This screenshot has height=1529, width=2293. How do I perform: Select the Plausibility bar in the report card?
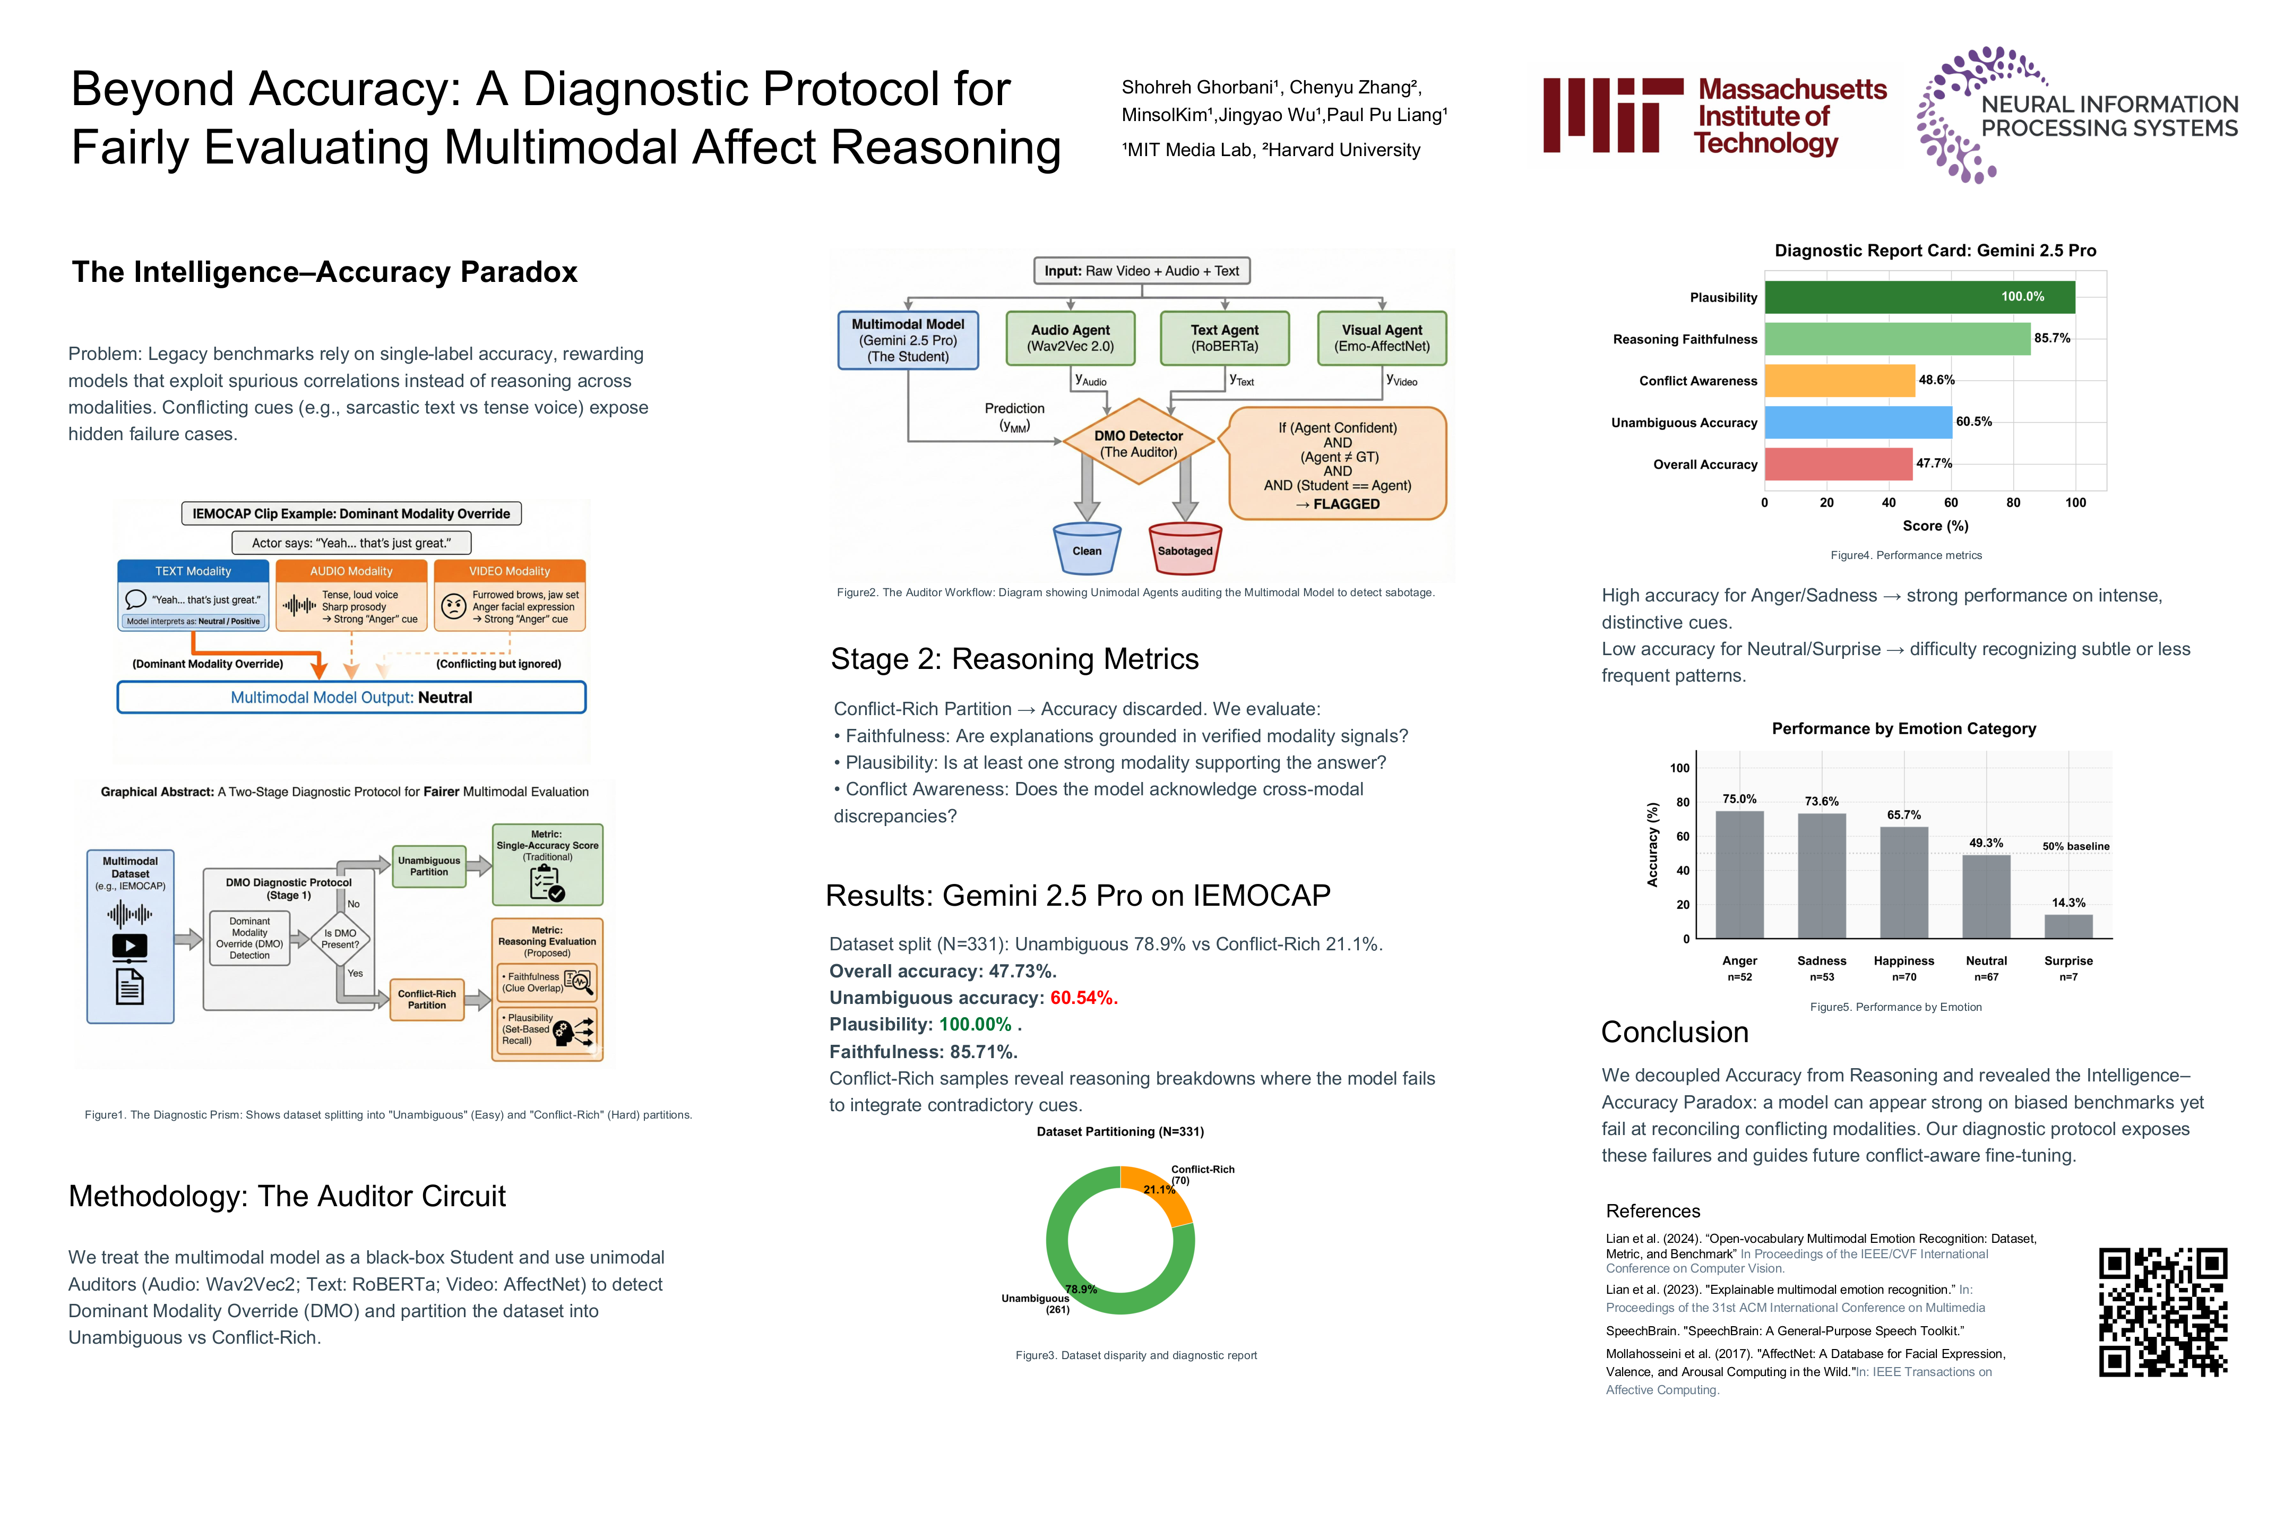coord(1919,297)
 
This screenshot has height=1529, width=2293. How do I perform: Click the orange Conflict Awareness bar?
coord(1839,380)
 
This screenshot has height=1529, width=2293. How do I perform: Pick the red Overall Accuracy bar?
coord(1838,464)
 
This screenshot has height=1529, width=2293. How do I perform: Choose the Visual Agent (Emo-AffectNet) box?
coord(1382,338)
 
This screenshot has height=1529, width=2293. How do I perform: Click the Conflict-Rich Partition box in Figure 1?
coord(427,1000)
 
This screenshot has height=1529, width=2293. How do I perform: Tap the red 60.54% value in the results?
coord(1083,998)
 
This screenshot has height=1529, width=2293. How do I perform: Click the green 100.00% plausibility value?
coord(975,1024)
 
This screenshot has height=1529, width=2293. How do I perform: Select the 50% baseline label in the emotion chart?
coord(2075,846)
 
